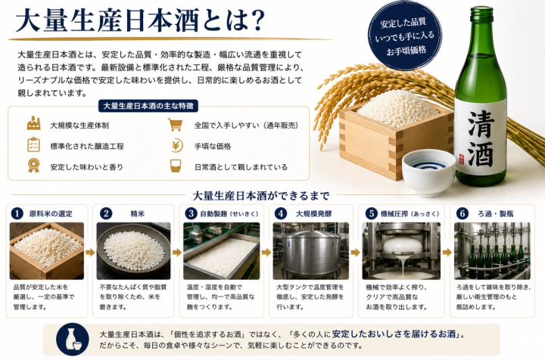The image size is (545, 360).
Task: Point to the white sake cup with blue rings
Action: [428, 172]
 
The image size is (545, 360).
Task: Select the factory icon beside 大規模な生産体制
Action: [34, 123]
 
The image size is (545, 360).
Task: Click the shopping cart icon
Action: [175, 124]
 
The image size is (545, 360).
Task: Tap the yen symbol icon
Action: [176, 146]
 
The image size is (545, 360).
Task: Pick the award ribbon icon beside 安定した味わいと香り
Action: [34, 165]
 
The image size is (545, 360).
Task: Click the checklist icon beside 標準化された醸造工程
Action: [34, 144]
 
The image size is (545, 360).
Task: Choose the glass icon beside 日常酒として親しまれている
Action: [176, 166]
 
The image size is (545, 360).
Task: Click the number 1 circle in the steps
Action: [17, 213]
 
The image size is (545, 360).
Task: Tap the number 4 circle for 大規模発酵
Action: [280, 213]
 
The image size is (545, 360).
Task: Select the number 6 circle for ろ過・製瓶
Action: [462, 213]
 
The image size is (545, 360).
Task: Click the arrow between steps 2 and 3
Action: [177, 253]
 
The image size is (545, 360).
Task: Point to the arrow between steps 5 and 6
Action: [447, 253]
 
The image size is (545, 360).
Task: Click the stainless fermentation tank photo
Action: [311, 251]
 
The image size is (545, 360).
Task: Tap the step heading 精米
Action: [138, 214]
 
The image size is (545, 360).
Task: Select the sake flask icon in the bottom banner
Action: [73, 339]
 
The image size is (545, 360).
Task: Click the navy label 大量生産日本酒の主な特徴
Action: [148, 106]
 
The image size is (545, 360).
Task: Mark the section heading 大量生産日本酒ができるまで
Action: [260, 196]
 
